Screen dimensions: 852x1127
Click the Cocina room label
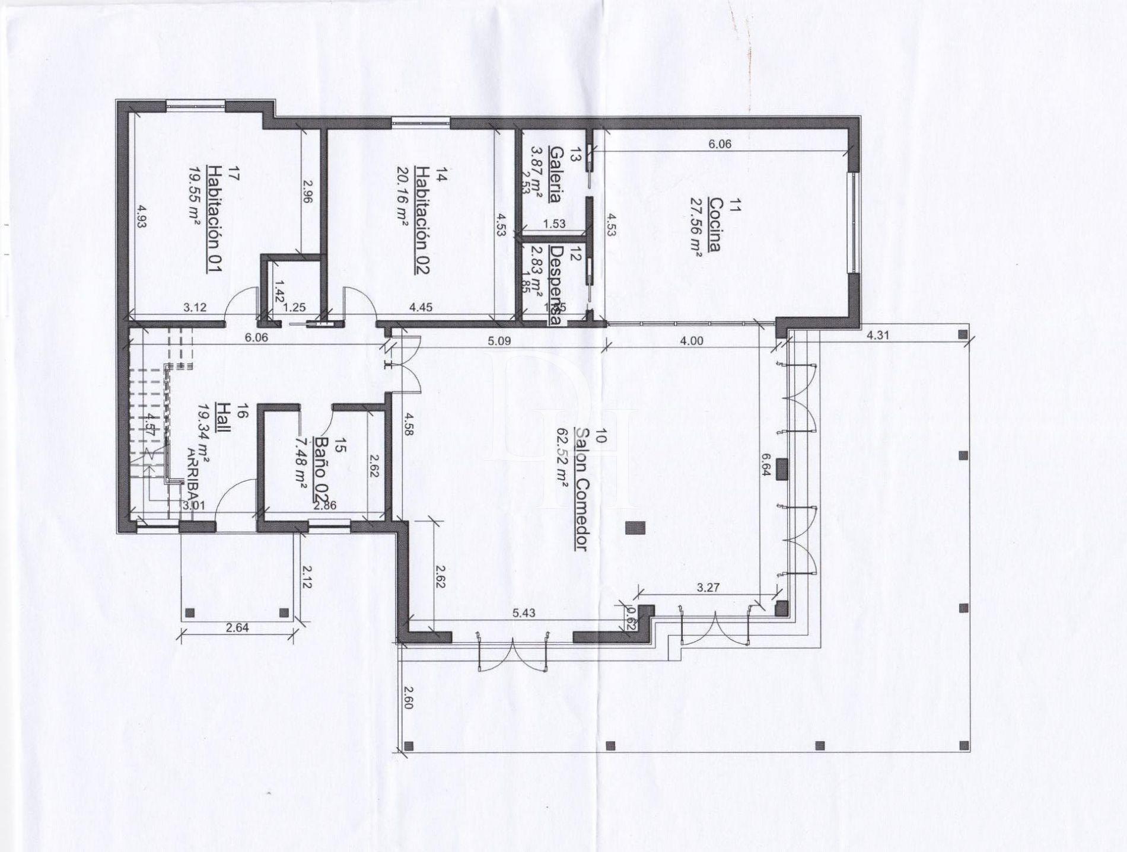(x=714, y=225)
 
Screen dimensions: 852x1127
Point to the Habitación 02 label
(x=422, y=219)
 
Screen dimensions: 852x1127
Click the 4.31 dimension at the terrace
(x=878, y=335)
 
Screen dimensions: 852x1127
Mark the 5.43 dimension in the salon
(x=524, y=613)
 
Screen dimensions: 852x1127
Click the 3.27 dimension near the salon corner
(x=708, y=588)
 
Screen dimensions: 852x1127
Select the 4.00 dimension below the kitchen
(x=692, y=341)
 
